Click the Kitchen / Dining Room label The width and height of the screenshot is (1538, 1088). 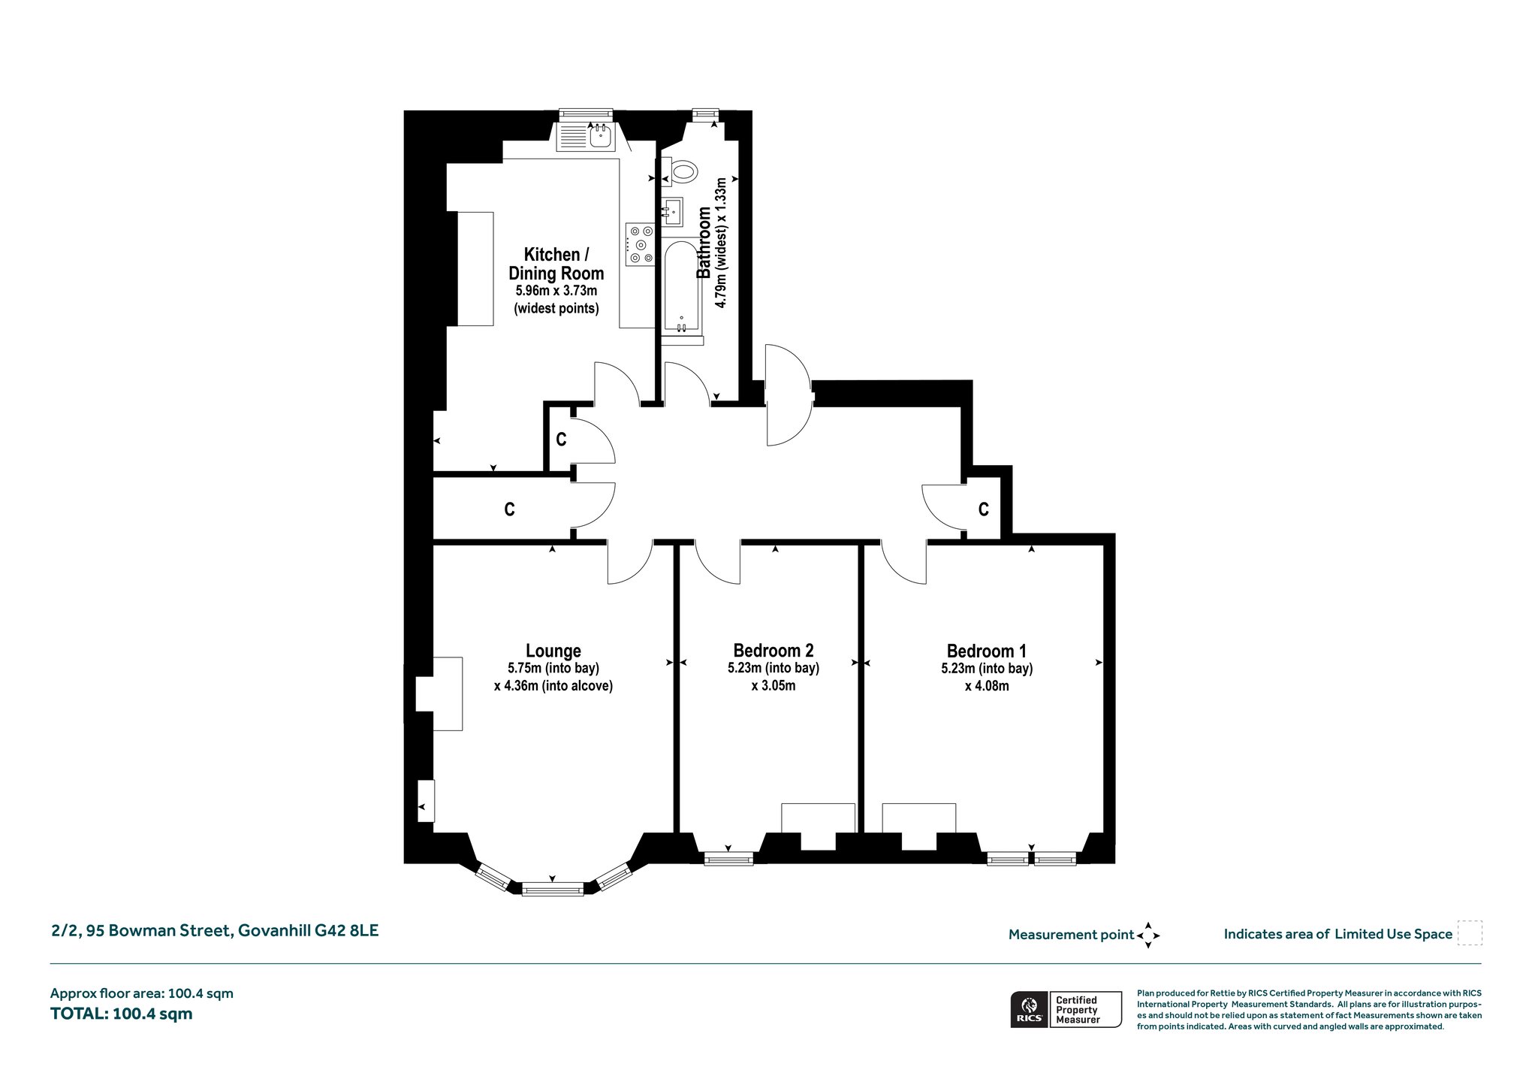[x=556, y=264]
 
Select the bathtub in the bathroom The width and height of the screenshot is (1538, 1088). [x=681, y=287]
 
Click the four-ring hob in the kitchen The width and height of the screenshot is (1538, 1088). [x=639, y=244]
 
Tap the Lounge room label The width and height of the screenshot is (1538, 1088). [x=553, y=651]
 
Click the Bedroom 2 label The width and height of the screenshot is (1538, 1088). [x=774, y=651]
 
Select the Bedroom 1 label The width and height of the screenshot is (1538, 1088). [x=987, y=651]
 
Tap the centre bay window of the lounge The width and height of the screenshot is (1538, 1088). [x=553, y=889]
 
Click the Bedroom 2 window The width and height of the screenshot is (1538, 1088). [x=728, y=858]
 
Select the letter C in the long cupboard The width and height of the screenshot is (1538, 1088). [x=509, y=509]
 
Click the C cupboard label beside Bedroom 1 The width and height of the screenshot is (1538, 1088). [x=984, y=509]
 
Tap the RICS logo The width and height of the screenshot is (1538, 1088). [x=1029, y=1009]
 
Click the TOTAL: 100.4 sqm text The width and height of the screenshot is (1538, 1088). [x=122, y=1014]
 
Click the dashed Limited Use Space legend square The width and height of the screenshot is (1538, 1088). [x=1470, y=933]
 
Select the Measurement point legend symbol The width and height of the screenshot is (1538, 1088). [x=1148, y=935]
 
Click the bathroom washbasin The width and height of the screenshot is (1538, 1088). [x=673, y=211]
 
